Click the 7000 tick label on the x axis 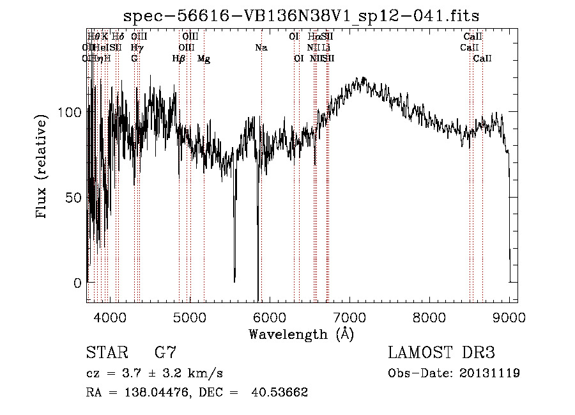coord(349,316)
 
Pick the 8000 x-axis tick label coord(429,316)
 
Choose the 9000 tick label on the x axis coord(509,316)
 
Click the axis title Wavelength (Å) coord(301,334)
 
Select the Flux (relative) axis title coord(43,168)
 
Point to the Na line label coord(261,47)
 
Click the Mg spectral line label coord(204,58)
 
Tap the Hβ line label coord(179,58)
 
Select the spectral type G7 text coord(165,352)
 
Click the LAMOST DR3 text coord(441,352)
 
